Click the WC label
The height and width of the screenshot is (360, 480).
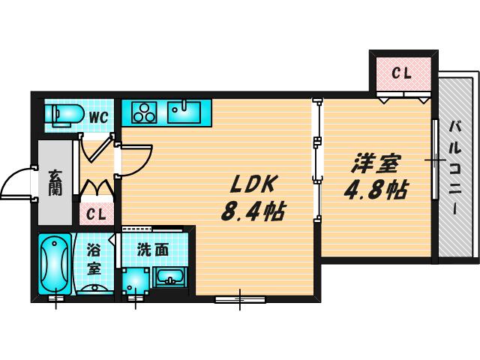[x=99, y=117]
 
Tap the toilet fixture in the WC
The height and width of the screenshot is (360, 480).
[x=64, y=115]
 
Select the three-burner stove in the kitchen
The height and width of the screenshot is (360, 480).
[x=144, y=112]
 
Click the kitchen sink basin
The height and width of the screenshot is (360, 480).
[x=184, y=112]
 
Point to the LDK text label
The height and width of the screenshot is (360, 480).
[x=253, y=184]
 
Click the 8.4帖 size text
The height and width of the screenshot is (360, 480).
[x=253, y=211]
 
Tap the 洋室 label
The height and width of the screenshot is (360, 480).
[x=376, y=164]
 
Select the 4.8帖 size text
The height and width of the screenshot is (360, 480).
[x=376, y=190]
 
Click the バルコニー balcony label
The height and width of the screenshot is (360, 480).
[x=455, y=167]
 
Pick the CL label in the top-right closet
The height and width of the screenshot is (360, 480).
[x=402, y=73]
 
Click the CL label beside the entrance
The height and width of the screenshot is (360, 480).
[x=96, y=214]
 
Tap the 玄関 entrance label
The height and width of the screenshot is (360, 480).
[x=55, y=183]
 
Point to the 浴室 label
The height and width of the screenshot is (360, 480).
[x=94, y=259]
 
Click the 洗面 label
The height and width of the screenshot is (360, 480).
[x=153, y=250]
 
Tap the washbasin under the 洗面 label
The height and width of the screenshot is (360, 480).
[x=170, y=277]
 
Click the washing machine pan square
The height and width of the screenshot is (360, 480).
[x=136, y=281]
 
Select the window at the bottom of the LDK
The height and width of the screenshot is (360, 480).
[x=240, y=299]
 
